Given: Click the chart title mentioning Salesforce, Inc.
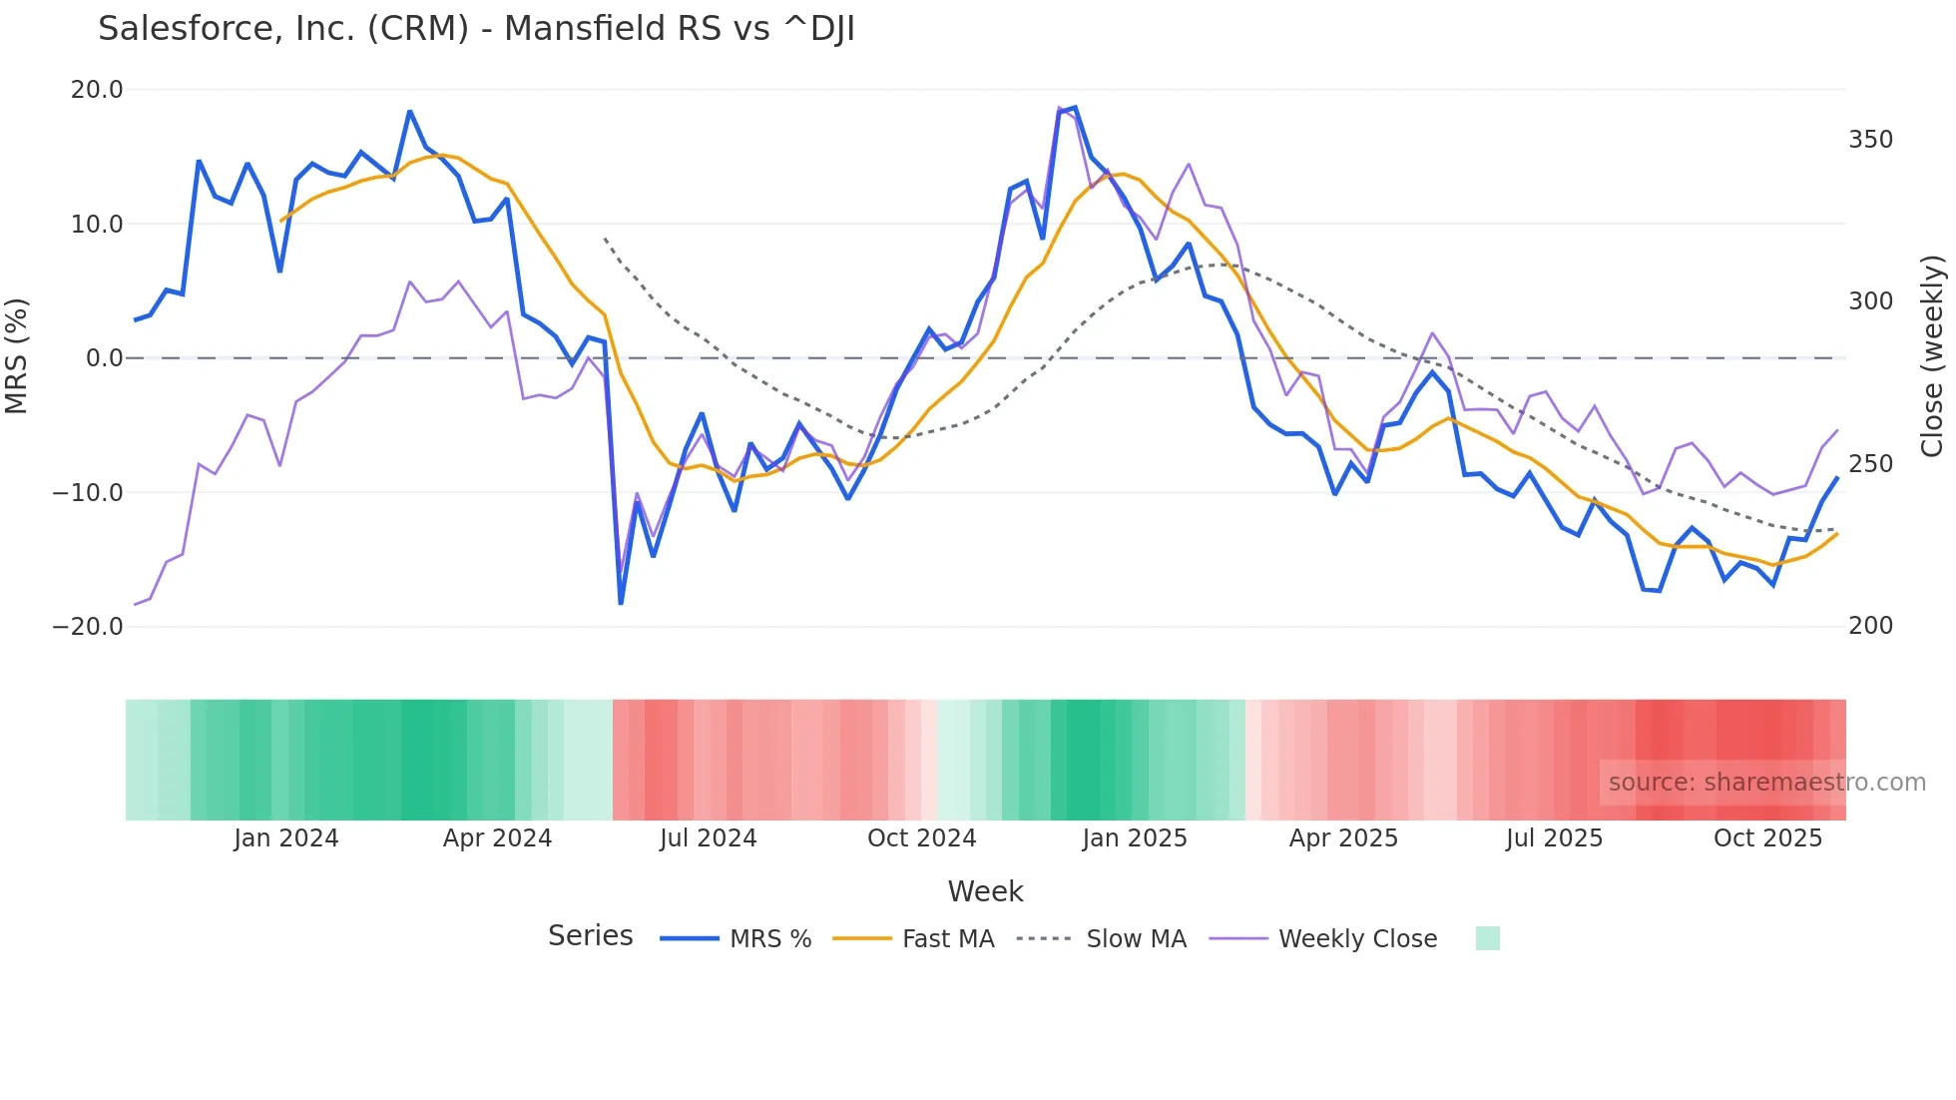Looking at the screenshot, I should tap(476, 29).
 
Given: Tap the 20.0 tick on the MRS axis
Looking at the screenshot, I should tap(97, 90).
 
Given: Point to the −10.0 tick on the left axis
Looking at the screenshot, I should tap(88, 493).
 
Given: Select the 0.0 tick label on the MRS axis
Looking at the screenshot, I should tap(104, 358).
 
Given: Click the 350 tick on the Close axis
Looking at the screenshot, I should tap(1870, 140).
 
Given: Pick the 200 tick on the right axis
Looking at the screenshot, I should tap(1870, 626).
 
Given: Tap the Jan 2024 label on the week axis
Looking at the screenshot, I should tap(286, 838).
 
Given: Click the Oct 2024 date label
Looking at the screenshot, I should tap(921, 838).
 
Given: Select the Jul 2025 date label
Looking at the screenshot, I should tap(1554, 838).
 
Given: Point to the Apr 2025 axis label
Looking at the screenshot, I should tap(1343, 838).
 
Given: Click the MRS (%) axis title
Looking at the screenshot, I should tap(17, 356).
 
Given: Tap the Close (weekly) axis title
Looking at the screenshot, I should tap(1932, 356).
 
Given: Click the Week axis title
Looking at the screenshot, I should tap(985, 891).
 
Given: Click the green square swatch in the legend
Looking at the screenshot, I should tap(1487, 939).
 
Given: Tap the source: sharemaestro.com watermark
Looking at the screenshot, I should tap(1766, 783).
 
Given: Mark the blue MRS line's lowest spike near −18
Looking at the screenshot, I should tap(621, 603).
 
